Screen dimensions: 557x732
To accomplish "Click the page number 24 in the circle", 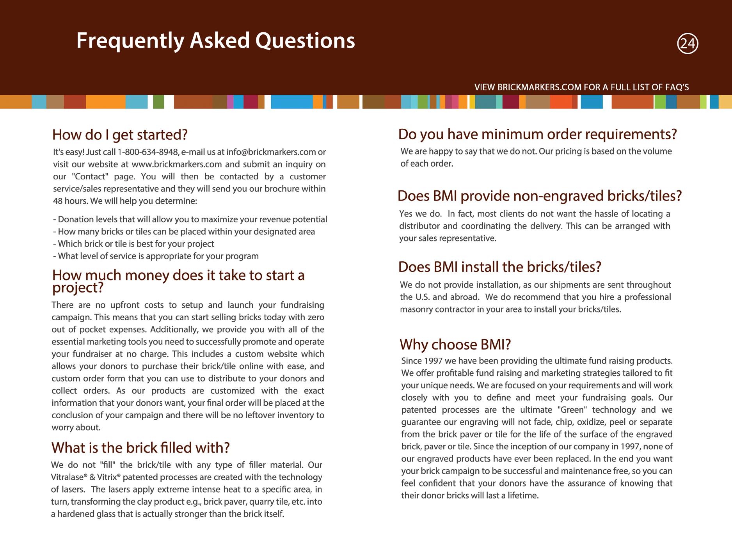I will click(x=688, y=44).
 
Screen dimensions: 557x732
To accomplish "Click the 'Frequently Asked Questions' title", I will click(x=215, y=41).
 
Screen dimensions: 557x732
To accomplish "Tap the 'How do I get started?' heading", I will click(x=120, y=135).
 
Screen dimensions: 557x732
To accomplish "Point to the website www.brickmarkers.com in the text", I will click(x=177, y=164).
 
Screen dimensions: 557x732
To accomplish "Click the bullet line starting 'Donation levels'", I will click(x=190, y=220).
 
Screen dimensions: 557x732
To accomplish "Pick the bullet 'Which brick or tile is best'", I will click(x=133, y=244).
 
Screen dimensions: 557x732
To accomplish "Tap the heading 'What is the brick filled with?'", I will click(x=140, y=448).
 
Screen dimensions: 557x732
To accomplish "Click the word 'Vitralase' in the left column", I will click(x=67, y=477).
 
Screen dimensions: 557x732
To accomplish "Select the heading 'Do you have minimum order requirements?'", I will click(x=537, y=134).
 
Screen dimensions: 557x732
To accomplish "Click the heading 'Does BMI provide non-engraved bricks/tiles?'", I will click(x=539, y=196).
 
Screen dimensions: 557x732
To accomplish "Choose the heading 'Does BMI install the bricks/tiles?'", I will click(x=499, y=267).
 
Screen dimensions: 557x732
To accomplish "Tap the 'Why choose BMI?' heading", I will click(x=455, y=345).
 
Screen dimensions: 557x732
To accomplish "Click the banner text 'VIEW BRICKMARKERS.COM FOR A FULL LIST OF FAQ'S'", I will click(x=581, y=87).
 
